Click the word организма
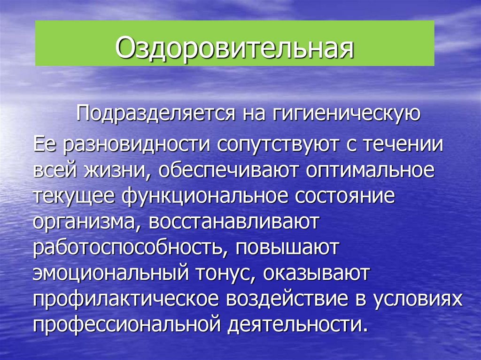(x=85, y=222)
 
